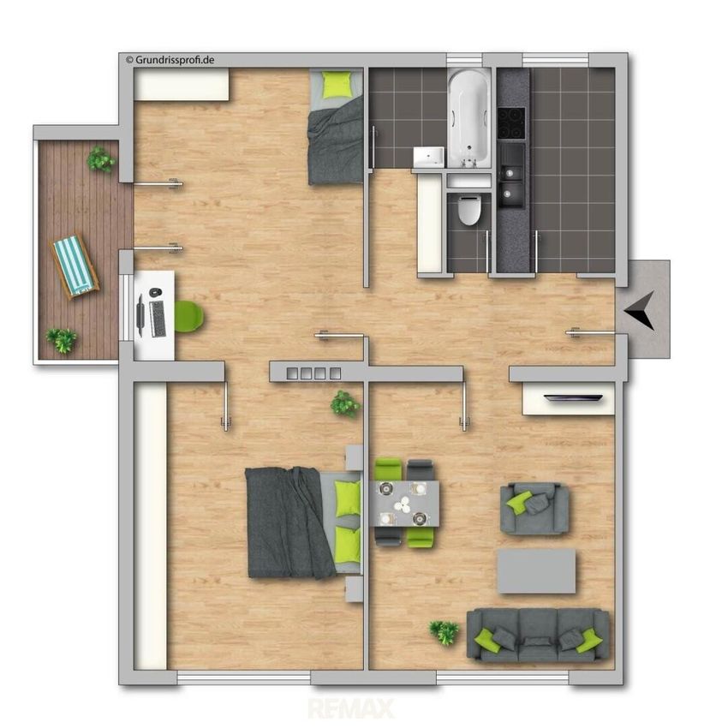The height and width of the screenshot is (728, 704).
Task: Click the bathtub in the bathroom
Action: [x=469, y=118]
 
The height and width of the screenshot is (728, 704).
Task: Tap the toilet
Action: [x=469, y=211]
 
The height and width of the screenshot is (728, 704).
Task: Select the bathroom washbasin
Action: [x=428, y=157]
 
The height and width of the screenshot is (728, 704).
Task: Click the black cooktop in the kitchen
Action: [x=511, y=123]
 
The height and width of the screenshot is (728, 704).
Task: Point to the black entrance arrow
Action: [x=641, y=310]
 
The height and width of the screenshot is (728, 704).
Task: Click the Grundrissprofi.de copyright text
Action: [x=170, y=60]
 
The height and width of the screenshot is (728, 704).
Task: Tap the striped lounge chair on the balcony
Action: [x=75, y=267]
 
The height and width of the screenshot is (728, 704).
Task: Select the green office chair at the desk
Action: [x=189, y=316]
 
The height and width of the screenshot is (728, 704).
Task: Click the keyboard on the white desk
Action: [x=158, y=319]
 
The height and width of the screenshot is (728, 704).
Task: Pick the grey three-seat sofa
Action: [x=538, y=635]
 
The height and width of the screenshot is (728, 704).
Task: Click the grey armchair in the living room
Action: [x=534, y=509]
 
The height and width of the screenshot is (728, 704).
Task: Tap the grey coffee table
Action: [x=536, y=571]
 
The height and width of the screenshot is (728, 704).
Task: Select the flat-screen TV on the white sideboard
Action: [x=574, y=398]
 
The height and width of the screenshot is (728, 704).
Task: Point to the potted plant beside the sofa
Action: [x=444, y=632]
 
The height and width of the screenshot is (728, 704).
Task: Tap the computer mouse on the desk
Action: [x=156, y=293]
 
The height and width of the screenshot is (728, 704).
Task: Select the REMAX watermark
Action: [x=351, y=708]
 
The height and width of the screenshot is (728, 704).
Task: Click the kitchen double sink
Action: [x=511, y=182]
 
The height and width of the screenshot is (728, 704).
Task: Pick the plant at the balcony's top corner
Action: [x=100, y=159]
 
